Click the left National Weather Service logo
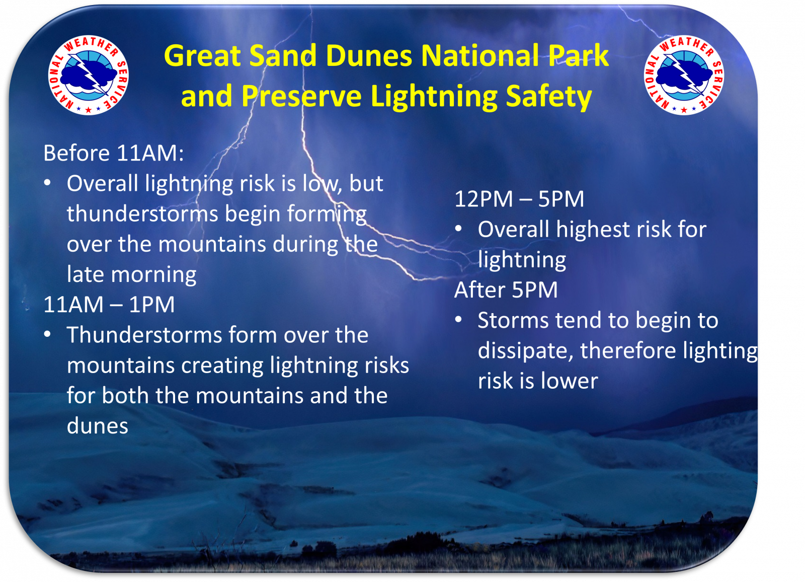[89, 75]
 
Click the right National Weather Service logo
[684, 75]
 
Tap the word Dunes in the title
[369, 55]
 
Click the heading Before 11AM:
[114, 153]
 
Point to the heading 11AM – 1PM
[109, 305]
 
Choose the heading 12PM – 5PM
[519, 199]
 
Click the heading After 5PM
[506, 290]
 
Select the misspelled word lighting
[720, 351]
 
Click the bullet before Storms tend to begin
[458, 320]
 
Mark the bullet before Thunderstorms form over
[47, 334]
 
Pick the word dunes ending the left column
[98, 426]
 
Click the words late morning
[132, 275]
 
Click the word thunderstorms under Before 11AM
[142, 214]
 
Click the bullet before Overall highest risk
[458, 229]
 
